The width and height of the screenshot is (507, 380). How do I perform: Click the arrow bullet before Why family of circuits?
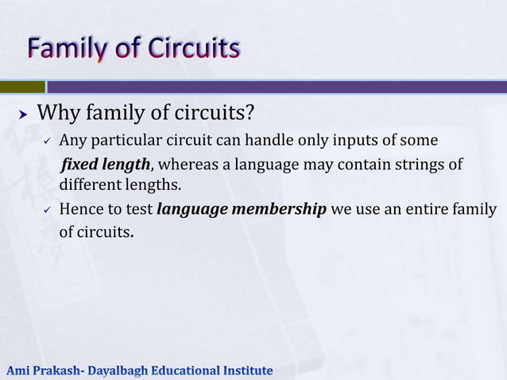23,114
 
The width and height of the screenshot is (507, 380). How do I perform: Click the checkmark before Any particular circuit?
47,142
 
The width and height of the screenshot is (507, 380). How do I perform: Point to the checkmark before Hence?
47,211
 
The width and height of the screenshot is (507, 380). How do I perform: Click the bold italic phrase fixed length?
106,165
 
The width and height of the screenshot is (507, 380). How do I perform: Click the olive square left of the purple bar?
22,87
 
